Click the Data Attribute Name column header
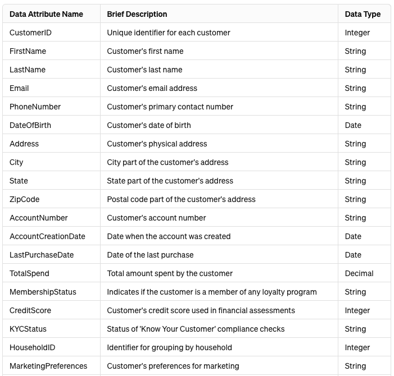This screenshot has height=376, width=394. (46, 14)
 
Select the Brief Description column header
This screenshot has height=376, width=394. (137, 14)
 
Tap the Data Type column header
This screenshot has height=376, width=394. (363, 14)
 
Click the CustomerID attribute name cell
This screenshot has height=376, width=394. (30, 33)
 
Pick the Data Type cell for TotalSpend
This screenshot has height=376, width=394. (359, 273)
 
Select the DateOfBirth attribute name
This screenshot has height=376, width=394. (30, 125)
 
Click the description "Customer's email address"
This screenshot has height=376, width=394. (152, 88)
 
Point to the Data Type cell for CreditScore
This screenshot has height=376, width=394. (357, 310)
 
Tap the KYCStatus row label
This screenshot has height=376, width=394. (28, 329)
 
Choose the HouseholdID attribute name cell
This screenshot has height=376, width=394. (32, 347)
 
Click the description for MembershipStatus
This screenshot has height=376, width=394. (211, 292)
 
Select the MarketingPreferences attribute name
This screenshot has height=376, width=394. (48, 366)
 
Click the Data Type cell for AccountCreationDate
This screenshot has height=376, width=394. (353, 236)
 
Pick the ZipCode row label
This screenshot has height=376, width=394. (24, 199)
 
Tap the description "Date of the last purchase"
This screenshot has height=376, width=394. (150, 255)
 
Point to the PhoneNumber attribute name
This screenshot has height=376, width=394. (35, 107)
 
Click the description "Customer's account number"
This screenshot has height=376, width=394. (156, 218)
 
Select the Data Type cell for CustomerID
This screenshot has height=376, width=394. (357, 33)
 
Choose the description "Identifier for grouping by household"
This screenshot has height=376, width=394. (169, 347)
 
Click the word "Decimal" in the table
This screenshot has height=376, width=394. (359, 273)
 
